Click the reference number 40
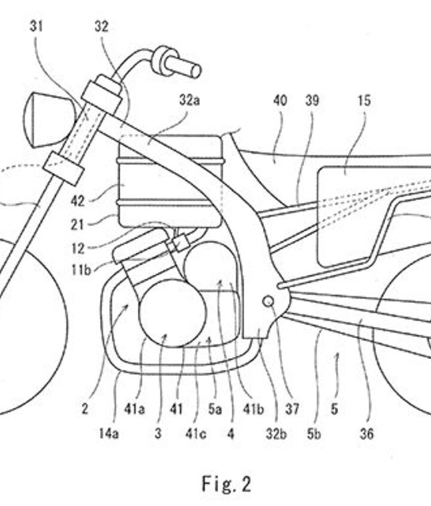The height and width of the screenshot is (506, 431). point(280,100)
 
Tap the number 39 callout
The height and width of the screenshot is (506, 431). point(311,100)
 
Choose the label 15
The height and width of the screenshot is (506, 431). point(364,100)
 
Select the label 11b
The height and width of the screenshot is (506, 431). point(81,269)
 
